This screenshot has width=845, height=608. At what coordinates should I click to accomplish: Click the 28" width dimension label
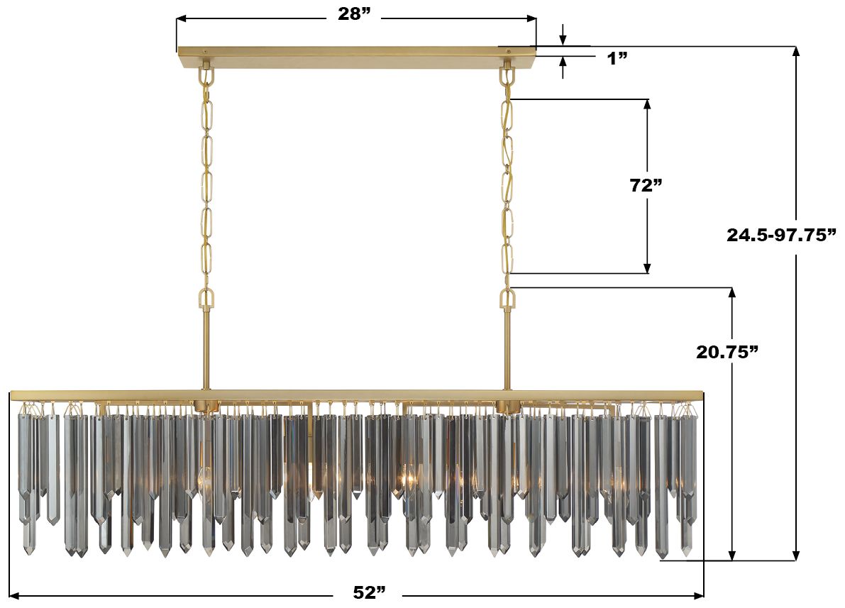click(355, 14)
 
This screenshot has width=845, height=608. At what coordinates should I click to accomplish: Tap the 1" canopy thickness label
click(617, 58)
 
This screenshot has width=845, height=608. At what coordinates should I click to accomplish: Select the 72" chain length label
click(646, 185)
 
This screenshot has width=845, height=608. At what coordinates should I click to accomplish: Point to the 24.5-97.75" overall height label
click(781, 235)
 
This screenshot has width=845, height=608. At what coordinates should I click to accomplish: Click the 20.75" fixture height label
click(727, 352)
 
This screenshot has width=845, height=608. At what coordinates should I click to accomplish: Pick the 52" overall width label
click(370, 592)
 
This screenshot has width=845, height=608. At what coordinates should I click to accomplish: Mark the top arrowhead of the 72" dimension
click(648, 105)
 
